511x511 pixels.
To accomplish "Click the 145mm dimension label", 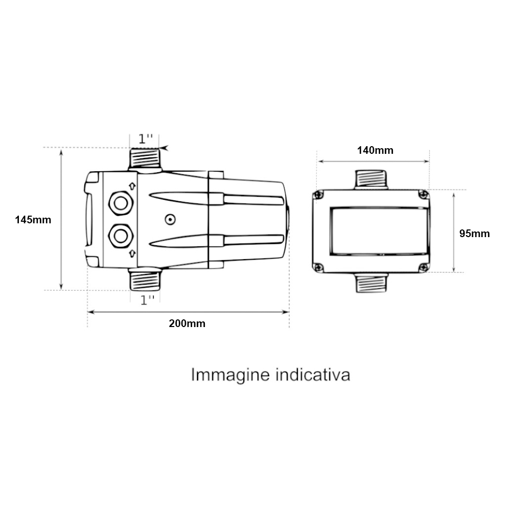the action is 33,220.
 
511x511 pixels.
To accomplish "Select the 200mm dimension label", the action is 187,323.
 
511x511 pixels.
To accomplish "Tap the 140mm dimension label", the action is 375,150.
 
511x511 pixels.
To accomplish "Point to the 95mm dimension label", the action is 475,234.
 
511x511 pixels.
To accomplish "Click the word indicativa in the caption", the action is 313,375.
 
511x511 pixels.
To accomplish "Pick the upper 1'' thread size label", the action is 145,139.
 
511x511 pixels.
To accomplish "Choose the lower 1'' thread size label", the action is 147,300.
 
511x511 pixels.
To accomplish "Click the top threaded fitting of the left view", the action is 145,159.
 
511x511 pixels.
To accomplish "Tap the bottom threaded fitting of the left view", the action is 145,280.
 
